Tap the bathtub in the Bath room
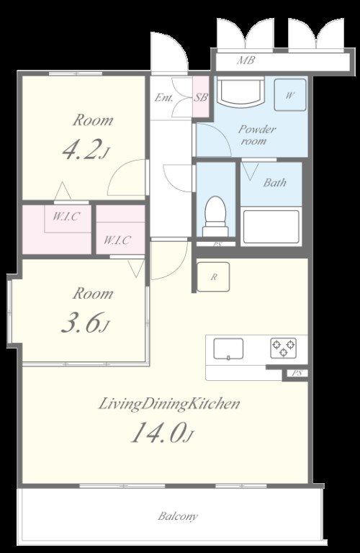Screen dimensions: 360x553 coord(271,227)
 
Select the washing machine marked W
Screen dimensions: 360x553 coord(290,95)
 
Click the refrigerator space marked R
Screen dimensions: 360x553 coord(213,276)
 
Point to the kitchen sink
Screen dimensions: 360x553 coord(228,349)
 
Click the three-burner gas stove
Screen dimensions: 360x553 coord(284,348)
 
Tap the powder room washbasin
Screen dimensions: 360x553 coord(240,92)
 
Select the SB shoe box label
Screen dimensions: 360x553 coord(201,97)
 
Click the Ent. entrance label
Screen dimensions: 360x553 coord(164,97)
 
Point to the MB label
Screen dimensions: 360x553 coord(246,60)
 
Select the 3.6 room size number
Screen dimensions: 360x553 coord(82,323)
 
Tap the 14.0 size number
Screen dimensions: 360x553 coord(158,432)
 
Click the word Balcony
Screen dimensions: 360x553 coord(178,517)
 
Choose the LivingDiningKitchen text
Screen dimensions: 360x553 coord(169,404)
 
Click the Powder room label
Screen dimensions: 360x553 coord(256,135)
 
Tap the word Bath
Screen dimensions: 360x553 coord(274,183)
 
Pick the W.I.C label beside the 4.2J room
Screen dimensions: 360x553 coord(66,217)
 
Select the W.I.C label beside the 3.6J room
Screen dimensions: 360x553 coord(117,240)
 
